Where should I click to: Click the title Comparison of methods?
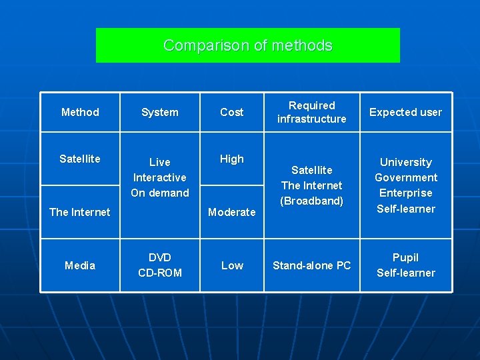tap(247, 45)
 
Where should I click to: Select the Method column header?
tap(80, 112)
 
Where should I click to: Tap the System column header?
tap(160, 112)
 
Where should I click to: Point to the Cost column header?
tap(232, 112)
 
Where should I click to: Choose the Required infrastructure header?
tap(312, 112)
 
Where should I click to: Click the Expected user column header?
tap(405, 112)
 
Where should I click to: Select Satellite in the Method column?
tap(80, 159)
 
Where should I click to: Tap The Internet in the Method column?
tap(80, 212)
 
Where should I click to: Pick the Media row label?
tap(80, 265)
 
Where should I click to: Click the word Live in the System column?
tap(160, 162)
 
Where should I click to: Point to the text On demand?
tap(160, 193)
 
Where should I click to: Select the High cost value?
tap(232, 159)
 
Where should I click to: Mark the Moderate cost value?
tap(232, 212)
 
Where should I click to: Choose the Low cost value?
tap(232, 265)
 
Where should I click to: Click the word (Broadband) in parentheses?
tap(312, 201)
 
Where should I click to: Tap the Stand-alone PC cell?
tap(312, 265)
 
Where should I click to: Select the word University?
tap(405, 162)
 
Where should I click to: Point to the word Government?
tap(405, 177)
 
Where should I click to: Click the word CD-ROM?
tap(160, 273)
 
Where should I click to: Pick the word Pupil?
tap(405, 257)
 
